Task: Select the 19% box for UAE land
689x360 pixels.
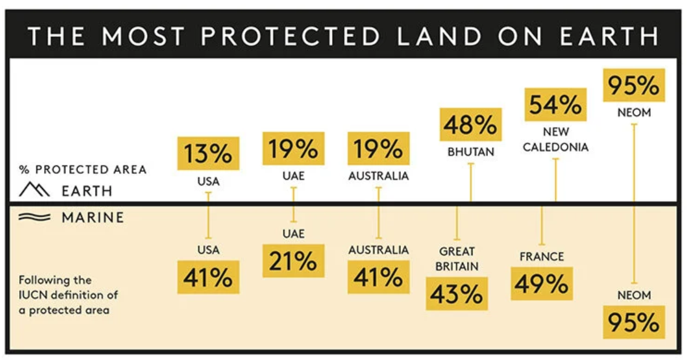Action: pyautogui.click(x=293, y=149)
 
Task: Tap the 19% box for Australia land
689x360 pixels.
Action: pyautogui.click(x=378, y=149)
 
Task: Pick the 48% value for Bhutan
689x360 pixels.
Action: pyautogui.click(x=470, y=125)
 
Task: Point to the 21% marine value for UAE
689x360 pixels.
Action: pyautogui.click(x=293, y=261)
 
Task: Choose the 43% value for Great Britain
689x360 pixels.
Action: pyautogui.click(x=456, y=293)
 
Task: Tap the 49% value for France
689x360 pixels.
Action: pyautogui.click(x=542, y=284)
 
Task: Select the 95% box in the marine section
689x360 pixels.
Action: pyautogui.click(x=634, y=322)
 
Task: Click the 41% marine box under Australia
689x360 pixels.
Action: pyautogui.click(x=378, y=277)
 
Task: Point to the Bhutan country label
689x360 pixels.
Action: pyautogui.click(x=471, y=152)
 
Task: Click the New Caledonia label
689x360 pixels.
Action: pyautogui.click(x=556, y=139)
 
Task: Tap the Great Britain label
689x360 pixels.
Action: pyautogui.click(x=457, y=259)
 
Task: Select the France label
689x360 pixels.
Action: pyautogui.click(x=542, y=256)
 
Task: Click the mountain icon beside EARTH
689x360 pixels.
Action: pyautogui.click(x=34, y=189)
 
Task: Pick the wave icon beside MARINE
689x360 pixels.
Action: pyautogui.click(x=35, y=217)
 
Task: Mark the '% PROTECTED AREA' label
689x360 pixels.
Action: pyautogui.click(x=83, y=170)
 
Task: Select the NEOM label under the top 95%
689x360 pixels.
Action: pyautogui.click(x=634, y=113)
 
